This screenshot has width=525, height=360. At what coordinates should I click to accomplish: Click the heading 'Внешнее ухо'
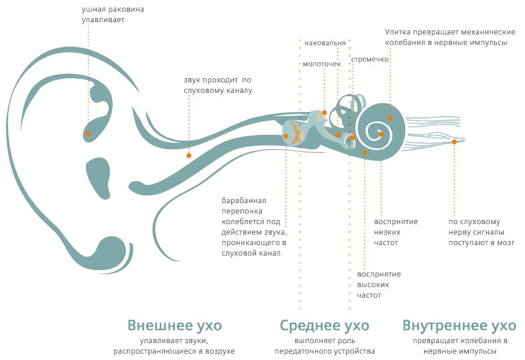[x=174, y=325]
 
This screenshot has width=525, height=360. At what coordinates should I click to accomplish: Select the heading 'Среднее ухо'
[x=324, y=325]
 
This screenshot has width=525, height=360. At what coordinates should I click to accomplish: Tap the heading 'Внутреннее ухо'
[x=460, y=325]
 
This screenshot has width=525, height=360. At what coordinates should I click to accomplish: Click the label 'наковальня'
[x=325, y=43]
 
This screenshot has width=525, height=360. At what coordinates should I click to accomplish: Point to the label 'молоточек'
[x=322, y=64]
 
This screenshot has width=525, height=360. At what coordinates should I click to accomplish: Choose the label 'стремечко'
[x=370, y=60]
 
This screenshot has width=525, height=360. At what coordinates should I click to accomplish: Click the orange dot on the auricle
[x=89, y=134]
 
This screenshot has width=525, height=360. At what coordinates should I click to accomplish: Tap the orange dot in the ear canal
[x=189, y=155]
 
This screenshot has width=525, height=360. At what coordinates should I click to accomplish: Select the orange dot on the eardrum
[x=286, y=136]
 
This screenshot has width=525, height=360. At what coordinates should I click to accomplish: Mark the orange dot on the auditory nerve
[x=454, y=142]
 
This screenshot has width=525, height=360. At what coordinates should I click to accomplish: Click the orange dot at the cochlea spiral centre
[x=381, y=134]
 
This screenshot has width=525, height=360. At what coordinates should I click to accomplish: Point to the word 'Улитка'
[x=397, y=32]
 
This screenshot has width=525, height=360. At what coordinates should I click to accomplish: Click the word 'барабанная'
[x=244, y=201]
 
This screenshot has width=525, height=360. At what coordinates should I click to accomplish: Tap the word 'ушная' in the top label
[x=92, y=9]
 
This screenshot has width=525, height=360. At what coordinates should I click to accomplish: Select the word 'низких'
[x=387, y=232]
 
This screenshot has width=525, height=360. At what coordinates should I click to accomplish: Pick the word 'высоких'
[x=373, y=285]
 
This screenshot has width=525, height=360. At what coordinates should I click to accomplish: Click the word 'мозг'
[x=506, y=243]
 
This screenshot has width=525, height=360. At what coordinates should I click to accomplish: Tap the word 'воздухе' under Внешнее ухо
[x=220, y=351]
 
